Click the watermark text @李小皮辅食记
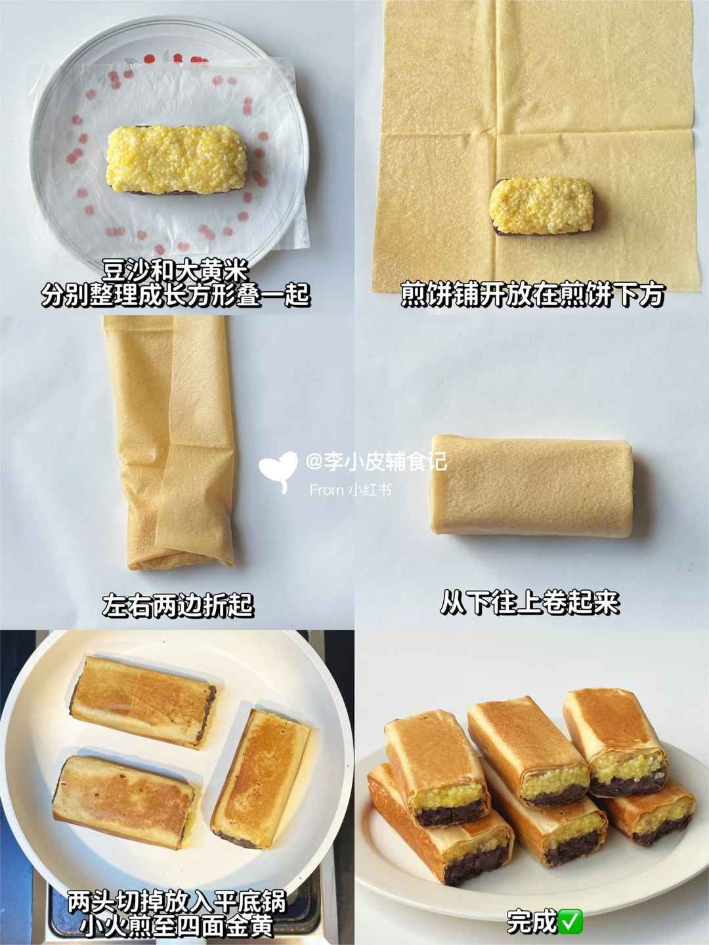pyautogui.click(x=376, y=461)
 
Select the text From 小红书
pyautogui.click(x=351, y=490)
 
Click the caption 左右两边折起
pyautogui.click(x=178, y=605)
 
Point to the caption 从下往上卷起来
pyautogui.click(x=530, y=602)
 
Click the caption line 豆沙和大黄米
pyautogui.click(x=176, y=271)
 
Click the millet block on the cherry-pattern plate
pyautogui.click(x=177, y=159)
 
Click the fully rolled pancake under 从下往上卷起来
pyautogui.click(x=532, y=486)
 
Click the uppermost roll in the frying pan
pyautogui.click(x=142, y=702)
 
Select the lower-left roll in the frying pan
pyautogui.click(x=123, y=802)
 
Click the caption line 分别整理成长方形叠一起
pyautogui.click(x=176, y=295)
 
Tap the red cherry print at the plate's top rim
pyautogui.click(x=150, y=58)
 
